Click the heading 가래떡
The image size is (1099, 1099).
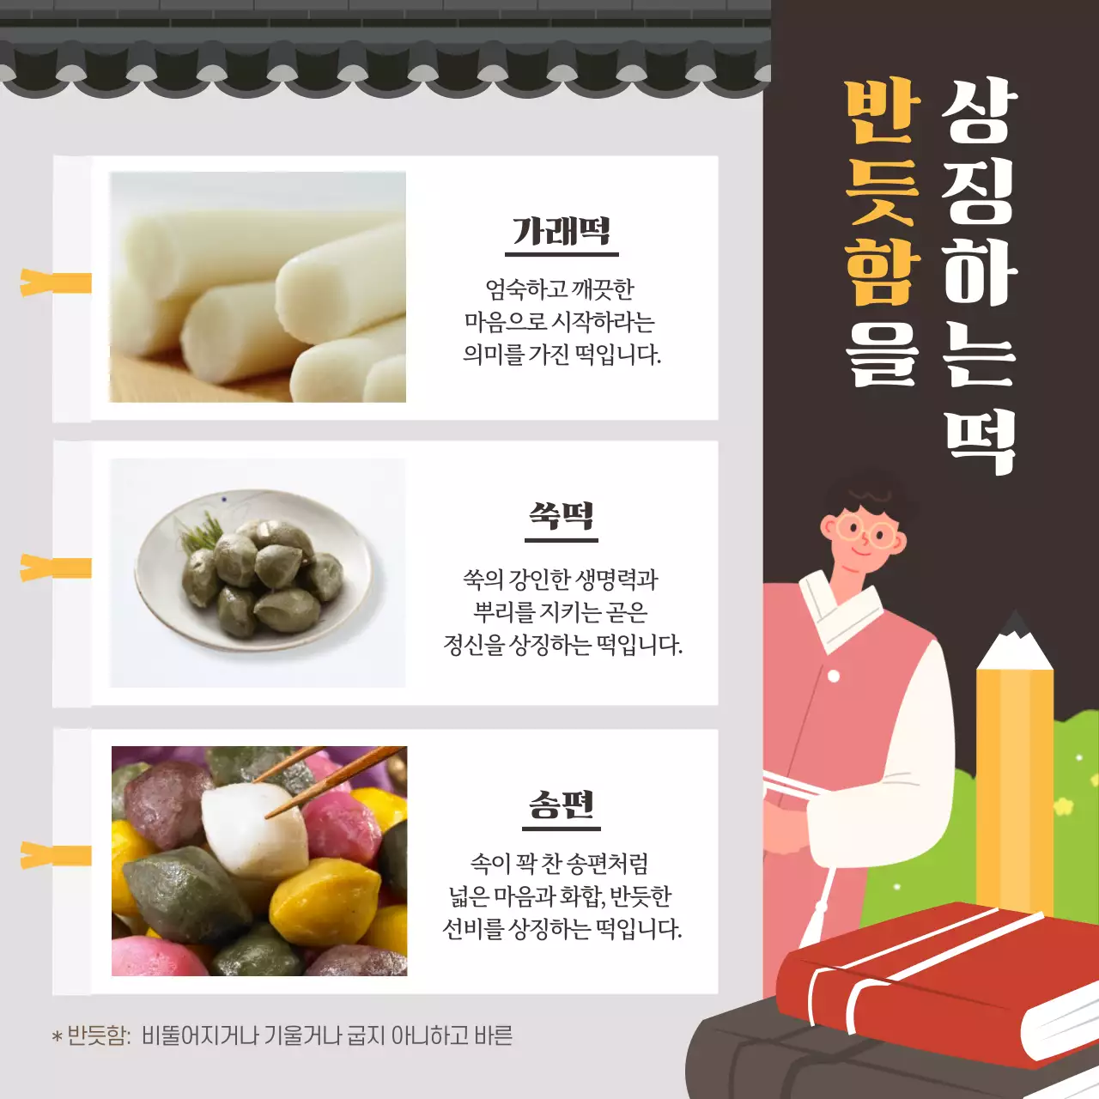click(x=562, y=231)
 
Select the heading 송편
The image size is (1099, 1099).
click(x=562, y=805)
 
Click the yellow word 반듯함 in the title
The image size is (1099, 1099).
click(x=882, y=193)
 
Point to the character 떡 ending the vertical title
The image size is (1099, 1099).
click(x=981, y=441)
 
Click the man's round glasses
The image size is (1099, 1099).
click(x=865, y=531)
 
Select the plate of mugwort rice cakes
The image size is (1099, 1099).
click(x=256, y=570)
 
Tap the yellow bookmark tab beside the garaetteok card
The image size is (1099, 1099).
click(x=56, y=282)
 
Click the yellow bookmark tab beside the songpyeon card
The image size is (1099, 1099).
click(x=56, y=855)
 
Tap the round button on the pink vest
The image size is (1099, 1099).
click(x=833, y=676)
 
